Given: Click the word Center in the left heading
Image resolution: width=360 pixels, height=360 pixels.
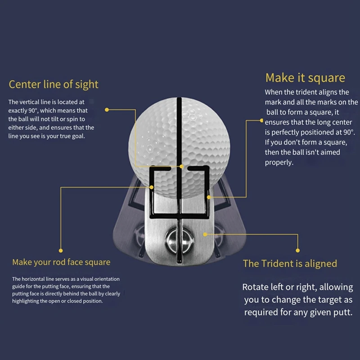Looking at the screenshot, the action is point(24,84).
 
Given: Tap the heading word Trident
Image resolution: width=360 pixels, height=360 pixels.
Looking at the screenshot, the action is point(274,264).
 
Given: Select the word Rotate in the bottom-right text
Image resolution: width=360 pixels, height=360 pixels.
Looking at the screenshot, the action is point(256,287).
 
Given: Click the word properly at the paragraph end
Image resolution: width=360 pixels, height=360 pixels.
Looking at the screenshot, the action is point(279,162).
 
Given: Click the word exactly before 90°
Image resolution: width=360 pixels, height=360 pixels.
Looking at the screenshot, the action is point(18,110).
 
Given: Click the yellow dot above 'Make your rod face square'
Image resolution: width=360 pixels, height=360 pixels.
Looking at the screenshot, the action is point(61,251).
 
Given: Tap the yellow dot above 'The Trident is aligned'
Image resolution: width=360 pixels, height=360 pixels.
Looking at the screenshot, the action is point(297,250).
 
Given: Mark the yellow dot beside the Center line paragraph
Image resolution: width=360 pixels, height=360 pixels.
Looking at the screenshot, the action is point(107,109).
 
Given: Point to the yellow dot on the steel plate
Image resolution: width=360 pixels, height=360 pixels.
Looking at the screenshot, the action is point(205,234).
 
